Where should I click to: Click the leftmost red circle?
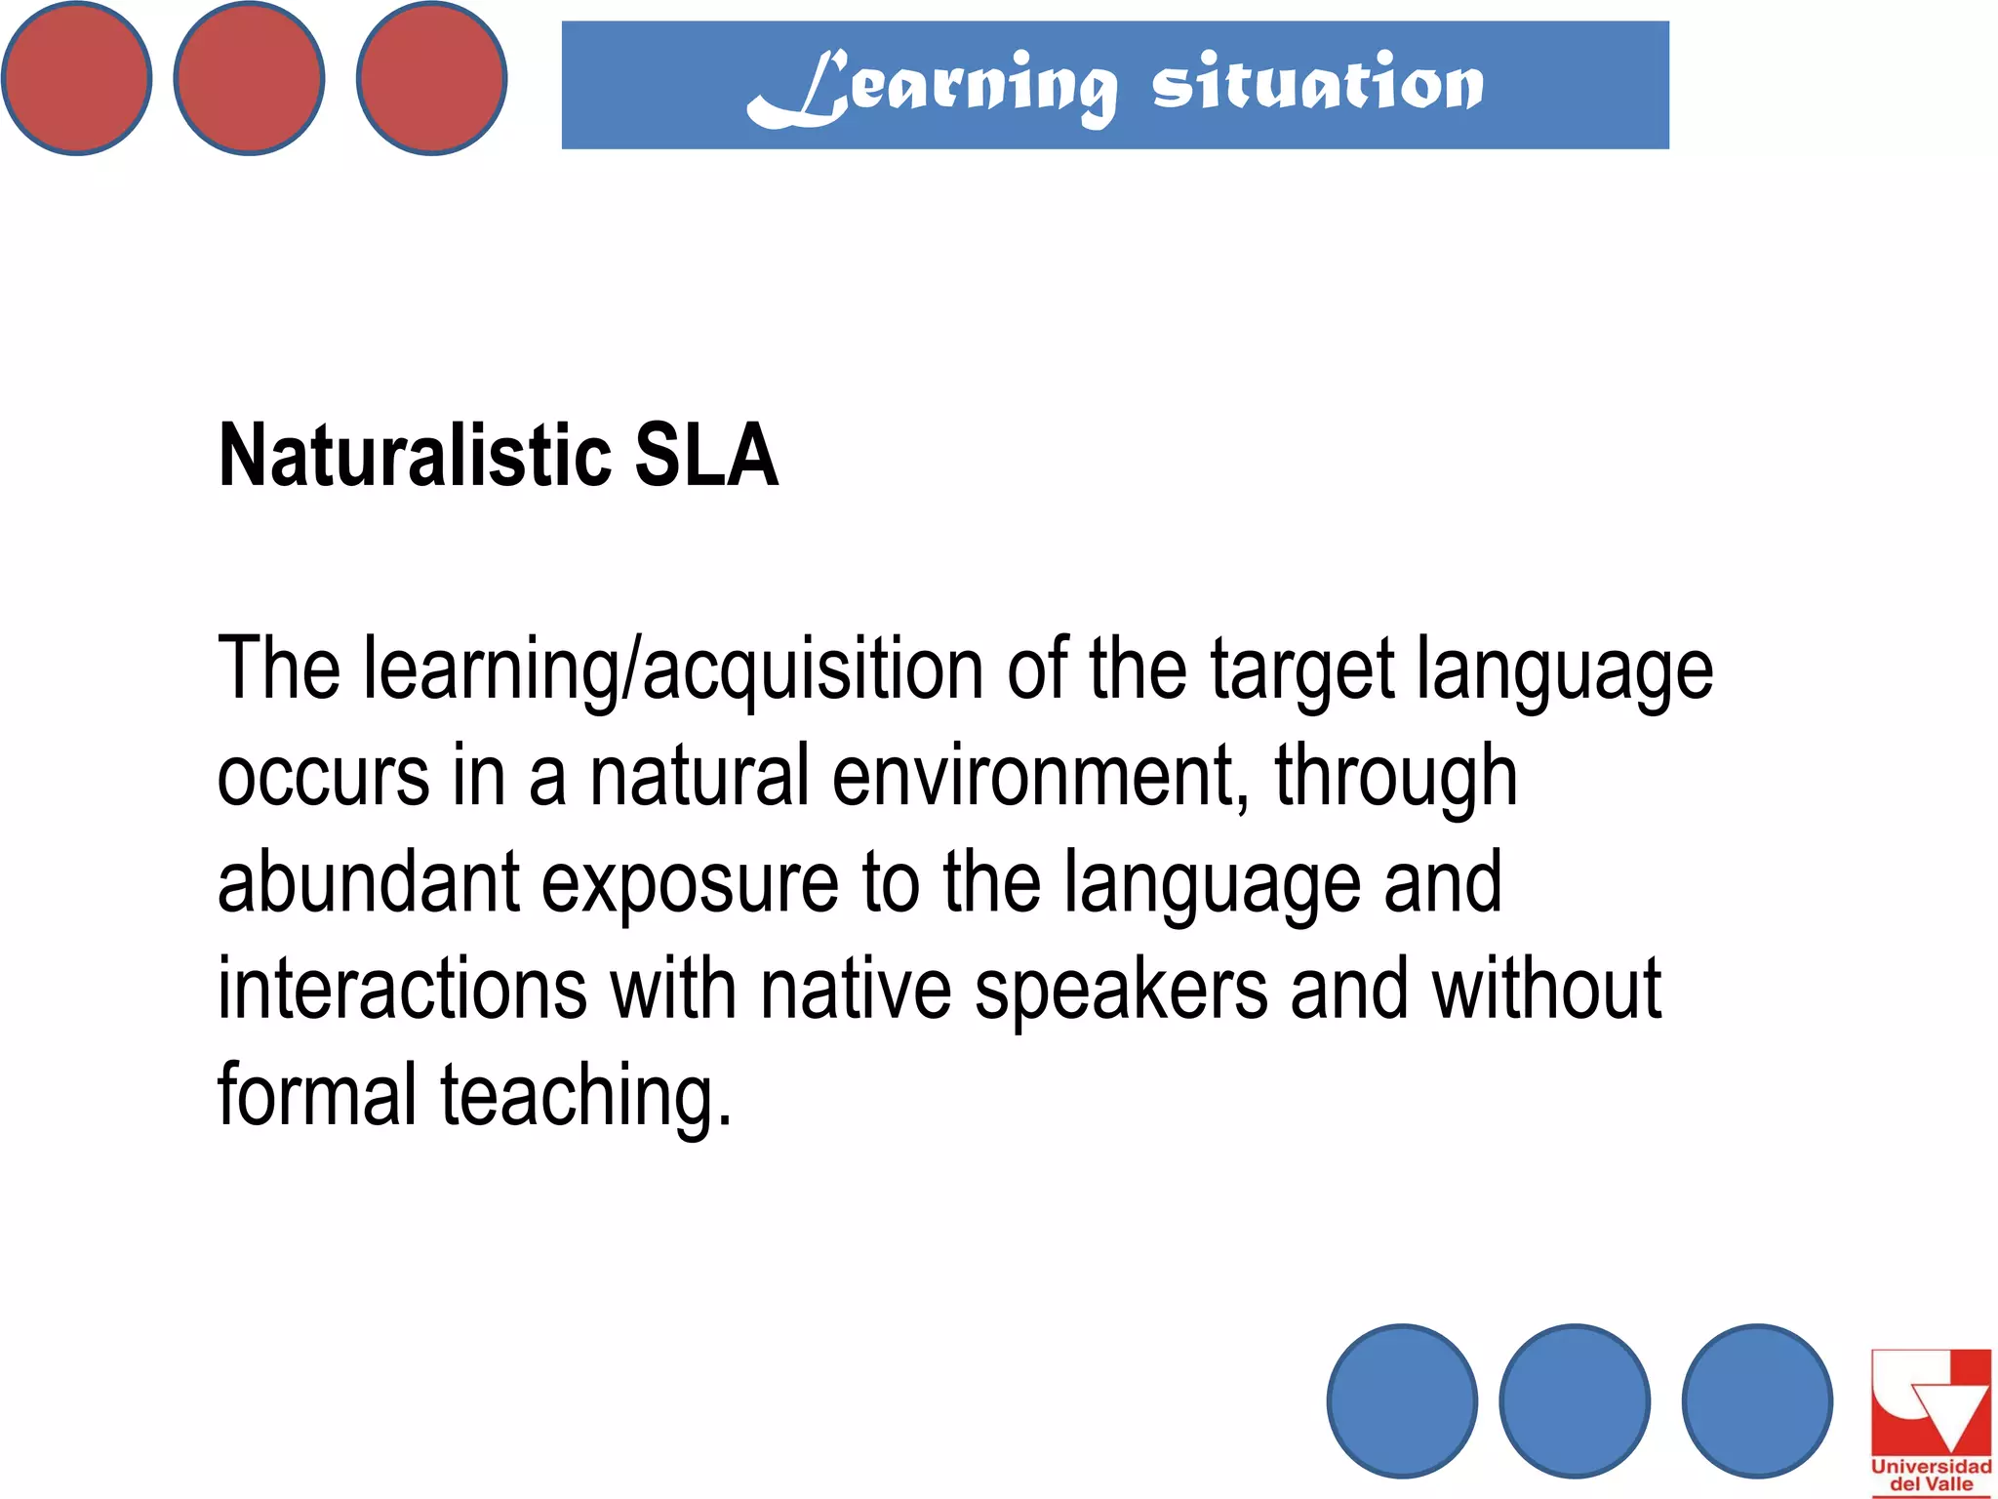[x=76, y=78]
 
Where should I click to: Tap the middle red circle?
[x=249, y=78]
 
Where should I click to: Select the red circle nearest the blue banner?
[x=431, y=78]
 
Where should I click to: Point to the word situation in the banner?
[x=1317, y=84]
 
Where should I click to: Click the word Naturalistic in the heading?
[x=415, y=456]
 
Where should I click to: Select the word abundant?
[x=368, y=883]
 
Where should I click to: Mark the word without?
[x=1546, y=990]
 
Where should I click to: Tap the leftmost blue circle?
[x=1402, y=1400]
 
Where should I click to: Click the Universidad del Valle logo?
[x=1931, y=1421]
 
